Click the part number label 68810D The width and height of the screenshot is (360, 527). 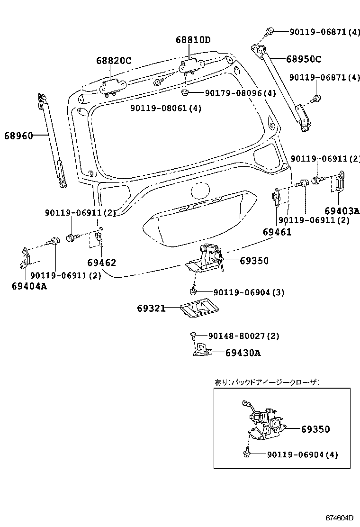tap(193, 40)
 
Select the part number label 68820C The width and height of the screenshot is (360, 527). tap(114, 61)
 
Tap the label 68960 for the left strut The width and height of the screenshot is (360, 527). tap(19, 136)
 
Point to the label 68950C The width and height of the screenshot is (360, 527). tap(303, 59)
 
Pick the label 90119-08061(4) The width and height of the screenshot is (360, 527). tap(166, 108)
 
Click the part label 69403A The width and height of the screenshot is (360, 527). tap(342, 210)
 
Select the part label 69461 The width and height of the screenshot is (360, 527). tap(277, 232)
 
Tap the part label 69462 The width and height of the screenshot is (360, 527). tap(101, 263)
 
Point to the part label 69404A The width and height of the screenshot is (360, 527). tap(29, 286)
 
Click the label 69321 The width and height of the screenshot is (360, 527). tap(151, 309)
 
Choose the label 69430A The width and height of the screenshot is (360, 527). tap(243, 353)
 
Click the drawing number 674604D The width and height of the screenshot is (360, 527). tap(339, 518)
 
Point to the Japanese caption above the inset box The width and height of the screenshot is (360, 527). tap(267, 382)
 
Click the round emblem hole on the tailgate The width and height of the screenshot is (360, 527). tap(200, 192)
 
